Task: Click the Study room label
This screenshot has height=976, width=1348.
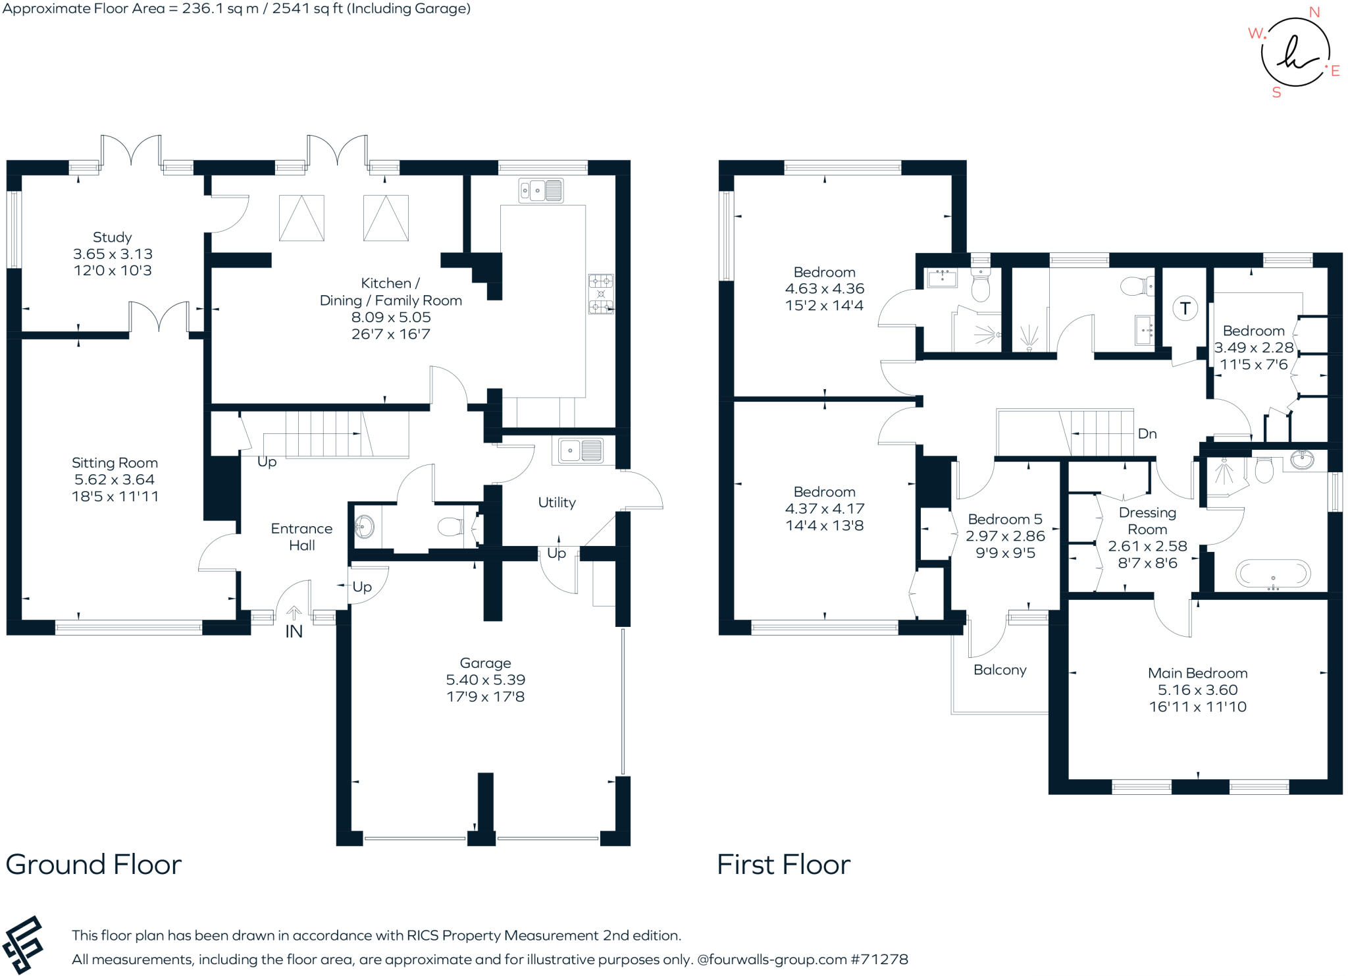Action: pos(112,237)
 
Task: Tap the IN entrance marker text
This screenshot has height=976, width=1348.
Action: pos(294,632)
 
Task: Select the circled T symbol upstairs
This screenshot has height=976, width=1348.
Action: pos(1185,308)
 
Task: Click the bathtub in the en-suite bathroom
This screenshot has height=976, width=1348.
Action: pos(1273,573)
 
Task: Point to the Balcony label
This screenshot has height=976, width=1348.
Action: pos(999,670)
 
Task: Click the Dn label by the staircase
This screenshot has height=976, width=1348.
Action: pos(1147,433)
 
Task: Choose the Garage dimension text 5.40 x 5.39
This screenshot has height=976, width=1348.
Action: pos(485,680)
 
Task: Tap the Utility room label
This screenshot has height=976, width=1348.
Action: pos(556,502)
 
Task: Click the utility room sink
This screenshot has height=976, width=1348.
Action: pos(580,451)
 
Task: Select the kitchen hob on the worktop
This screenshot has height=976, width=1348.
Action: pos(600,294)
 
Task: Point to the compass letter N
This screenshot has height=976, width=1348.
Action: pos(1314,13)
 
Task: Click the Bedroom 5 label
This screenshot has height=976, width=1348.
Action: pos(1004,519)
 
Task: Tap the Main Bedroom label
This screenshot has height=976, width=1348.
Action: pos(1197,673)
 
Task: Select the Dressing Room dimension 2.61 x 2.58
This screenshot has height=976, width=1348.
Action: pos(1147,546)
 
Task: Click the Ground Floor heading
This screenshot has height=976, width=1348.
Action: pos(93,865)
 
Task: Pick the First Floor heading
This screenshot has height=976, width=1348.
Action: pos(783,865)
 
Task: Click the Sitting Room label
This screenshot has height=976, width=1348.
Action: pos(115,463)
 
